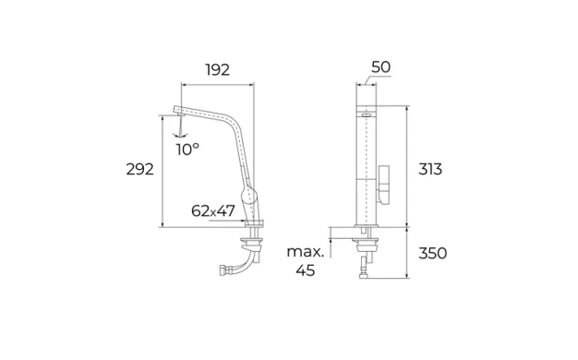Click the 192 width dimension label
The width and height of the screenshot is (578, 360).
tap(218, 69)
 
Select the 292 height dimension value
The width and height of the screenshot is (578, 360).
tap(139, 169)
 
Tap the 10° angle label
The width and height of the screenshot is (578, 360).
tap(187, 150)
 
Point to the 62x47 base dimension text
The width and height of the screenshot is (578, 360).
tap(213, 210)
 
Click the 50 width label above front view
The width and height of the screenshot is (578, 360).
tap(380, 67)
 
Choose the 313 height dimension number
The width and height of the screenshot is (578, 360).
tap(430, 169)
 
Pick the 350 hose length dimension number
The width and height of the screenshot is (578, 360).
tap(433, 253)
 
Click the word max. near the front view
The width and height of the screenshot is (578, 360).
tap(306, 252)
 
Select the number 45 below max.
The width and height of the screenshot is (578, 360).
tap(306, 270)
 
